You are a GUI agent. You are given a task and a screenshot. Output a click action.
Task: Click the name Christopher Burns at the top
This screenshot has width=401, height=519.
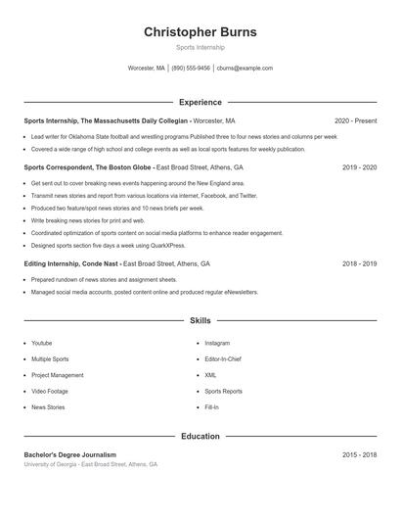tap(200, 32)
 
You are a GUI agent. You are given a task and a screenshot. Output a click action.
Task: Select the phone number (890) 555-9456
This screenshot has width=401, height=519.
tap(191, 69)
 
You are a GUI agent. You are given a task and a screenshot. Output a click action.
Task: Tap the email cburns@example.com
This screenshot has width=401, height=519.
tap(245, 69)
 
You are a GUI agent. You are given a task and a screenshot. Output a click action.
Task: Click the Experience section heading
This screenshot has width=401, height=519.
tap(200, 102)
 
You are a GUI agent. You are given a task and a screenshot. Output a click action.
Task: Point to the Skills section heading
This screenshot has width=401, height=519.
tap(200, 320)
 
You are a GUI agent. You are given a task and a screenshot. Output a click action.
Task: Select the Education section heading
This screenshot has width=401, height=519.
tap(200, 436)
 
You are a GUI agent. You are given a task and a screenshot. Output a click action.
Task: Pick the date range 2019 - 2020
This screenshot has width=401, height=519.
tap(360, 167)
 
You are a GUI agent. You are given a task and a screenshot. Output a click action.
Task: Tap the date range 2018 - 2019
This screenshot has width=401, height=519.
tap(360, 263)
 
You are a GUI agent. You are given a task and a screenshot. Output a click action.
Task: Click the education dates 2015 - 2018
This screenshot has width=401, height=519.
tap(360, 454)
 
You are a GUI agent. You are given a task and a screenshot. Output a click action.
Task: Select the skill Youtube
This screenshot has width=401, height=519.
tap(41, 344)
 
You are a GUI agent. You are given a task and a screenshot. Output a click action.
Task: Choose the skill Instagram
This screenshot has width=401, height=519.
tap(217, 344)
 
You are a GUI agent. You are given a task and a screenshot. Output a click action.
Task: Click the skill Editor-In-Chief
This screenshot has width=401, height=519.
tap(223, 359)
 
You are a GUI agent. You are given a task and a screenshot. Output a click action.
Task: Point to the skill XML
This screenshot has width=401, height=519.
tap(210, 375)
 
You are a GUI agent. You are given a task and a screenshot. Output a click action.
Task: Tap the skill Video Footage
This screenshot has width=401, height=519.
tap(49, 391)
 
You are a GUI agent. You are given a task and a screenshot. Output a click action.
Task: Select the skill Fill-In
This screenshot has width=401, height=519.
tap(211, 406)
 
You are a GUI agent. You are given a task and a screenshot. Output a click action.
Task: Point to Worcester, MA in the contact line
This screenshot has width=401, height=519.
tap(147, 69)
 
